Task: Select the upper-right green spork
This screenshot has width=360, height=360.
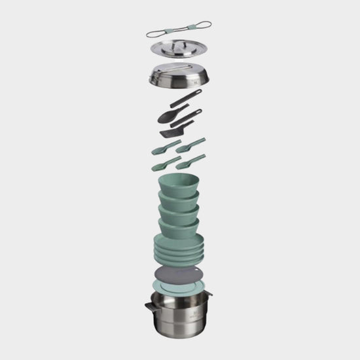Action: [x=191, y=143]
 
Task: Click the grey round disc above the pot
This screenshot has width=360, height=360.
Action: [x=178, y=276]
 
